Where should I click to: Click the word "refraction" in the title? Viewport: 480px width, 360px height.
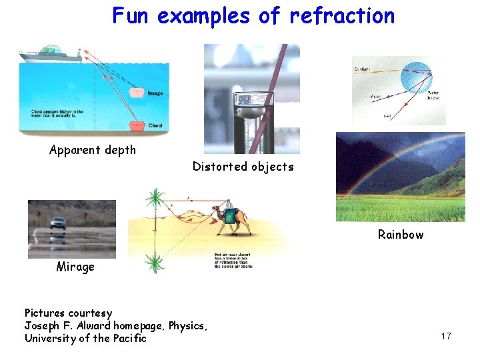[x=342, y=15]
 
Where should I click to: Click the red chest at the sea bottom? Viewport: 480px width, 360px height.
[x=137, y=124]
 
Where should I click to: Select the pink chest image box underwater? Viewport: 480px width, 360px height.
[x=136, y=92]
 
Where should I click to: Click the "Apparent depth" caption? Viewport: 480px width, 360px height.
[x=92, y=150]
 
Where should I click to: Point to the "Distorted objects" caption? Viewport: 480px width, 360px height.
[x=243, y=167]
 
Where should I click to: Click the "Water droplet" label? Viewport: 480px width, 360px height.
[x=433, y=95]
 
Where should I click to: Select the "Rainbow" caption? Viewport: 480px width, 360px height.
[x=400, y=234]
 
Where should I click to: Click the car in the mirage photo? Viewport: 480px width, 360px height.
[x=58, y=223]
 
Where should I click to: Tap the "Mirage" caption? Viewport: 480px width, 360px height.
[x=75, y=267]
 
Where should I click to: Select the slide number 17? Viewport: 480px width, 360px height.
[x=446, y=336]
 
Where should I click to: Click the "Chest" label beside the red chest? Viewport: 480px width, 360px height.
[x=155, y=125]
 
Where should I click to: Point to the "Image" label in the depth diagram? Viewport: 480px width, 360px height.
[x=155, y=93]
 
